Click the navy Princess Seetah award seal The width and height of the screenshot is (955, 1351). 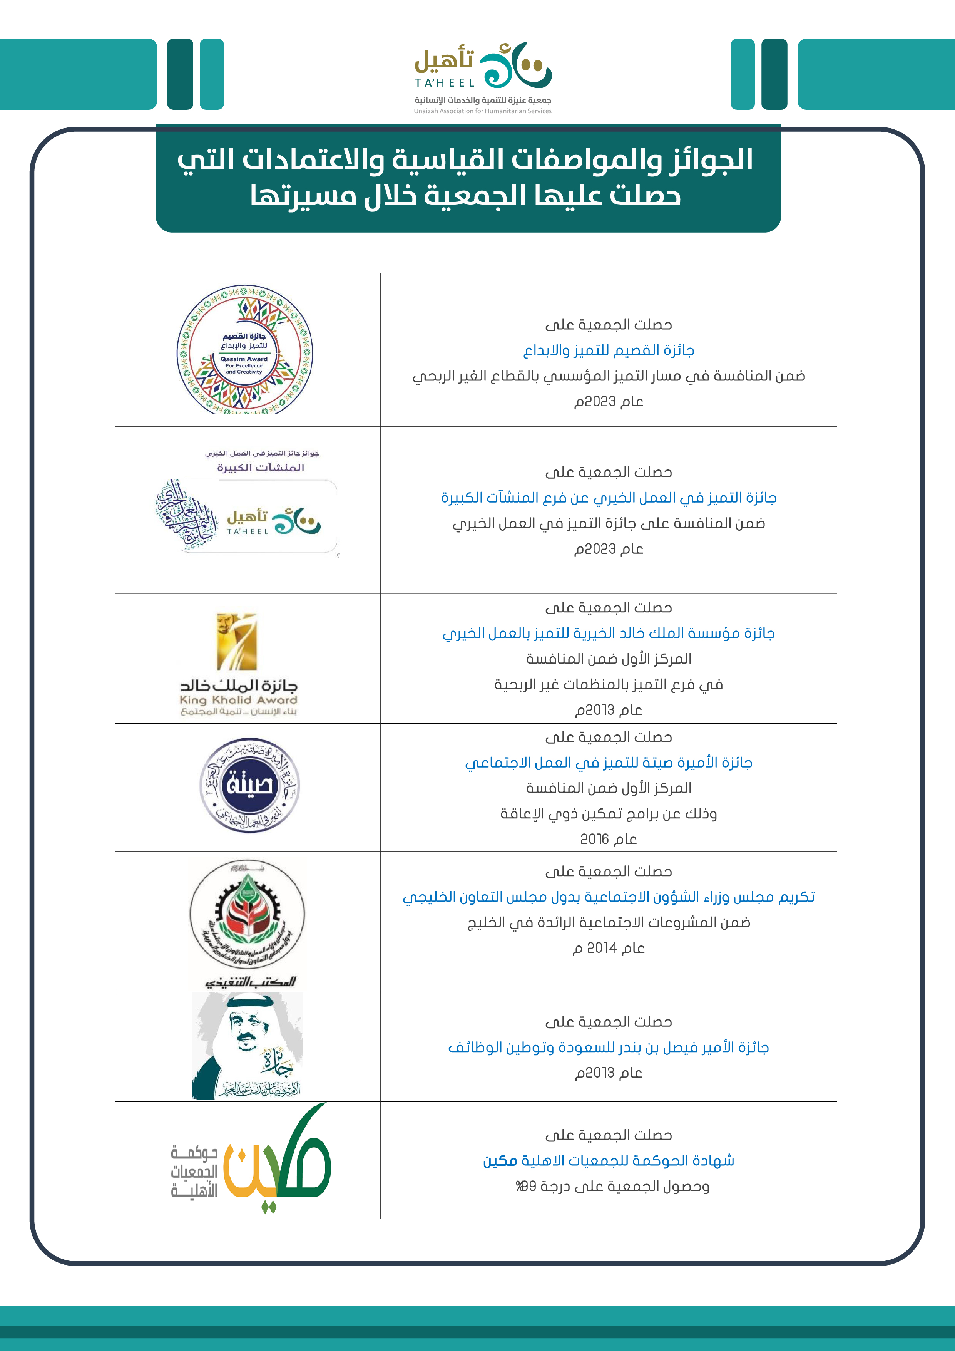249,785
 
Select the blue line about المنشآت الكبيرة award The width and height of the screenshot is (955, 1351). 609,498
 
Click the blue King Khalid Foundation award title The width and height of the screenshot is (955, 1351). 609,633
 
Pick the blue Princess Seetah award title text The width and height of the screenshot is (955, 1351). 609,763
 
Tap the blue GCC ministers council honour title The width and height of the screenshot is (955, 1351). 609,897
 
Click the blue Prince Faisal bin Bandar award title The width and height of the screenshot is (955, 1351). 609,1048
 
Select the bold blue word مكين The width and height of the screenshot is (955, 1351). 500,1161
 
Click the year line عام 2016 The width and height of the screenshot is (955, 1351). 609,839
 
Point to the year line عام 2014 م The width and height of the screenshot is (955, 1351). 609,948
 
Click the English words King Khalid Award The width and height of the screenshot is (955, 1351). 238,700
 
